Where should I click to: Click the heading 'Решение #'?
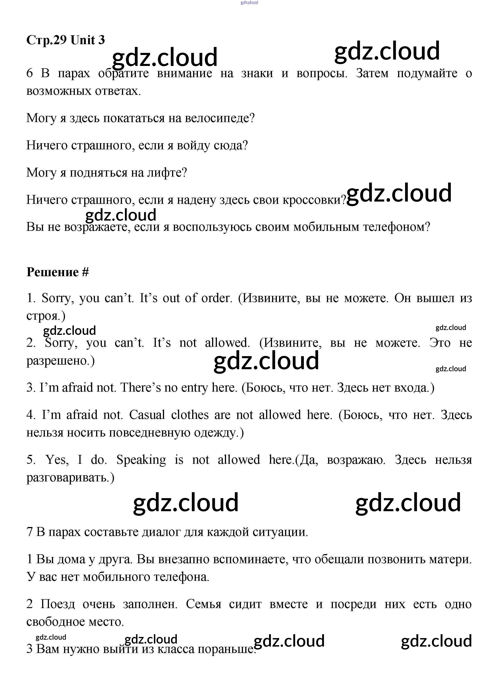coord(58,272)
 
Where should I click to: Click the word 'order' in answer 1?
coord(216,298)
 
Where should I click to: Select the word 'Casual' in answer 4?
coord(147,415)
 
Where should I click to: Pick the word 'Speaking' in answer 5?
coord(141,460)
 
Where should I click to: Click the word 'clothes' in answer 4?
coord(190,415)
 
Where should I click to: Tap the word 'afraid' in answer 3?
coord(77,387)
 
